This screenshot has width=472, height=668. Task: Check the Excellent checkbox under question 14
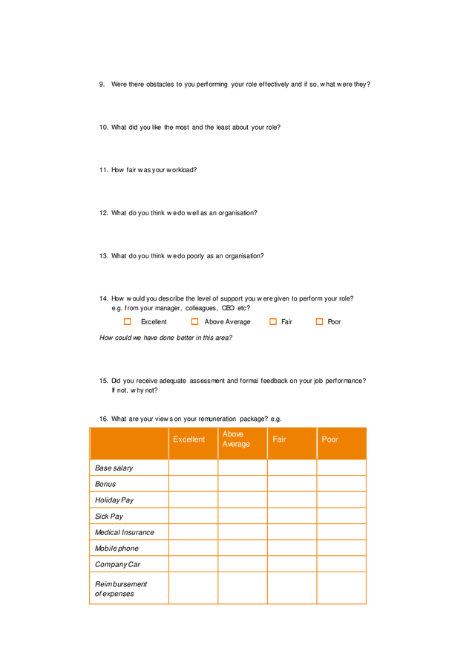click(x=128, y=322)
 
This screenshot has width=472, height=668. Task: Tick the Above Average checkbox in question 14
click(x=195, y=322)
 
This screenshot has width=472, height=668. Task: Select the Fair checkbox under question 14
click(x=273, y=322)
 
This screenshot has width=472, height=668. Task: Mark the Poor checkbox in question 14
click(x=320, y=322)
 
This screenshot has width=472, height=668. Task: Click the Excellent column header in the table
click(x=189, y=440)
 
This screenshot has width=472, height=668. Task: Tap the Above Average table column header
click(x=236, y=439)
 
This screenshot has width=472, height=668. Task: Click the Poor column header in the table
click(x=330, y=440)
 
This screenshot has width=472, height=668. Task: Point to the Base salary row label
click(x=114, y=468)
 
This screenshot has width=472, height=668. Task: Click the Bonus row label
click(x=105, y=485)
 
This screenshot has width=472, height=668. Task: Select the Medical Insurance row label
click(x=125, y=533)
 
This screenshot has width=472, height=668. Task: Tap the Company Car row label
click(x=117, y=565)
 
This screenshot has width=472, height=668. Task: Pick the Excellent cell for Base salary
click(x=193, y=468)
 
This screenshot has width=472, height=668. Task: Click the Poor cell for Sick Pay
click(x=341, y=516)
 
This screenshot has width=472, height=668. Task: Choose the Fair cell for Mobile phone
click(x=292, y=549)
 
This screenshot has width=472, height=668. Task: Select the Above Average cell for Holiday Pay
click(x=243, y=500)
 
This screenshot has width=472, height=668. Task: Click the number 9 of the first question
click(x=102, y=85)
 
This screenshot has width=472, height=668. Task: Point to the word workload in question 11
click(x=181, y=170)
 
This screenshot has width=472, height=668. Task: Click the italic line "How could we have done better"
click(x=165, y=338)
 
